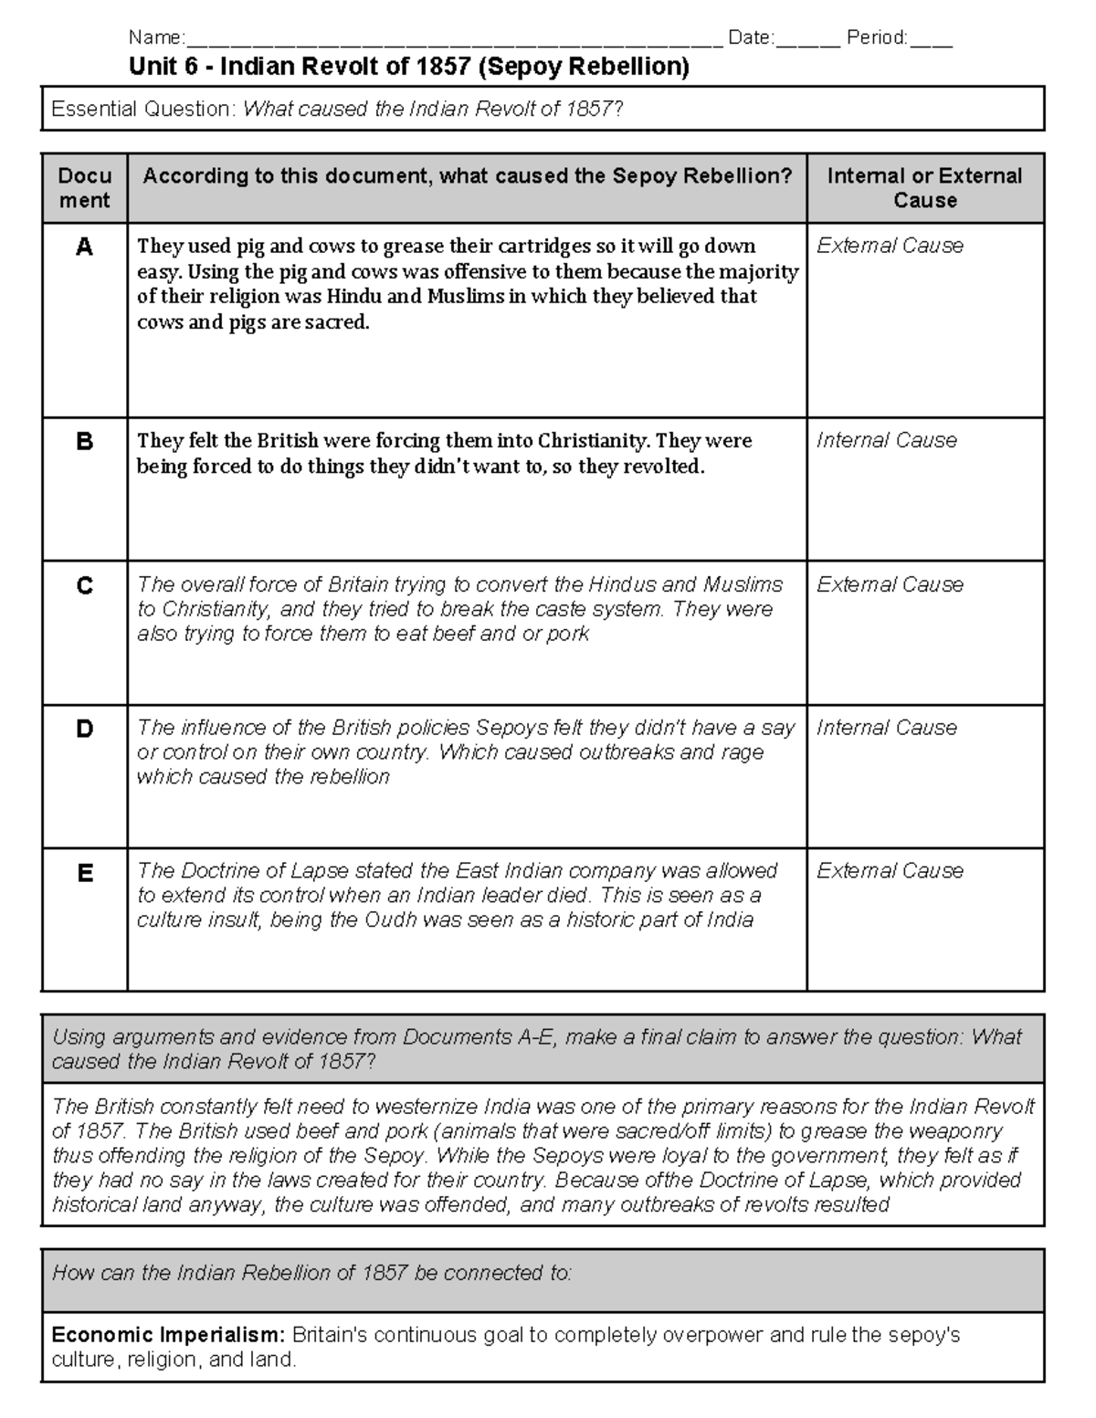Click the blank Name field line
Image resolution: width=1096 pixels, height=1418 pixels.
[452, 40]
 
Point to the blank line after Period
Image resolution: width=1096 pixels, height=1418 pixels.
[931, 40]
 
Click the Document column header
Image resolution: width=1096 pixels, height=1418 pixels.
[84, 188]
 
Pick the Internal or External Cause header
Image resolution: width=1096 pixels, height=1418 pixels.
[924, 188]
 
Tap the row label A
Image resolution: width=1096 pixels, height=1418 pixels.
[84, 247]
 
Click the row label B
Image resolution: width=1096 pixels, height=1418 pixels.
[84, 442]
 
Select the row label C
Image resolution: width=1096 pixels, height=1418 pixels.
[84, 585]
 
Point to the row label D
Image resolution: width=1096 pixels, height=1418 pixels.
[84, 729]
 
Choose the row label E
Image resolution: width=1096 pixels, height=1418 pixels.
[84, 873]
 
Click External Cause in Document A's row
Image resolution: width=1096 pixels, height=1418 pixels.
[890, 246]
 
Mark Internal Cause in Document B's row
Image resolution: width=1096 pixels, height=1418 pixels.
[886, 440]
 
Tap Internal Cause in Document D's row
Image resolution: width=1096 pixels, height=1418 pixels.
[886, 728]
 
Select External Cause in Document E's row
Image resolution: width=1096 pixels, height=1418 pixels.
[890, 871]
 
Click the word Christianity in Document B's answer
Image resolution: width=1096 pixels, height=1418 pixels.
[594, 441]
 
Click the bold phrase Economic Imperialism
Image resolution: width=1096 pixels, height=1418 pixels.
[169, 1335]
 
